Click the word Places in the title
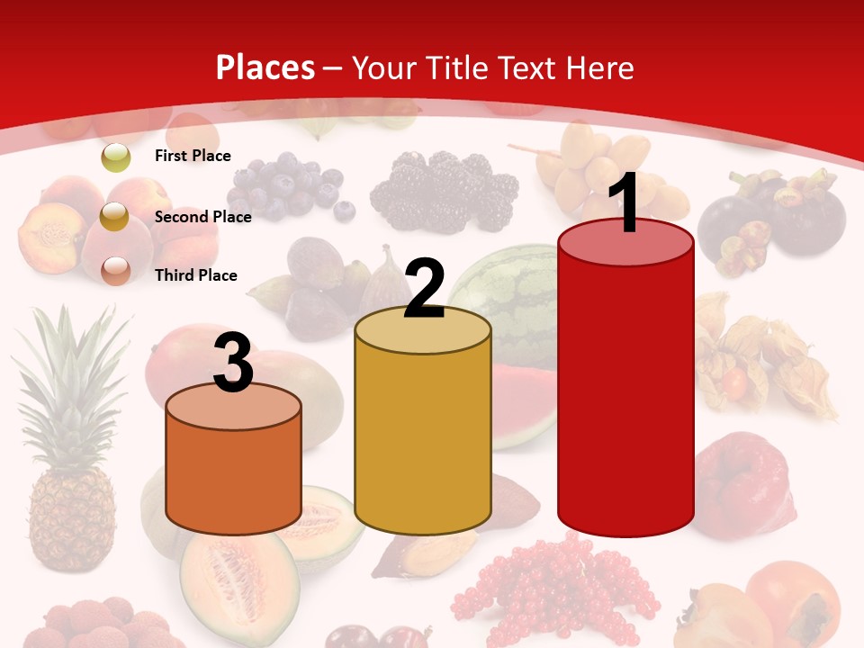(x=265, y=67)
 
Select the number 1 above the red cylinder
(x=626, y=203)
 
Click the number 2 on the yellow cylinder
(x=424, y=289)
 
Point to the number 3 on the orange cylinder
(x=233, y=362)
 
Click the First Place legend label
(x=193, y=156)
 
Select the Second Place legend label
(x=202, y=216)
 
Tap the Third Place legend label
(x=195, y=274)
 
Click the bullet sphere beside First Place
(x=115, y=157)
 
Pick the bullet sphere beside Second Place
(x=114, y=216)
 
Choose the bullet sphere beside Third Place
(x=115, y=270)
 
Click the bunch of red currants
(x=549, y=585)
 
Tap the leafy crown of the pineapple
(x=72, y=378)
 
